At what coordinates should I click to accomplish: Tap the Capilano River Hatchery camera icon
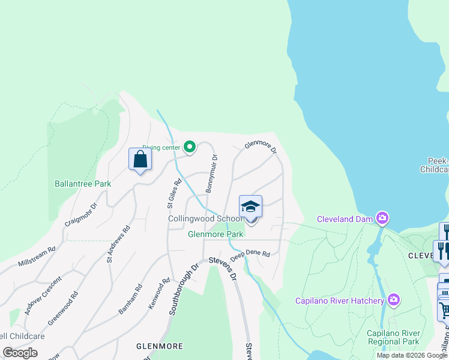393,299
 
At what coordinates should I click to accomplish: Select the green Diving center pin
190,147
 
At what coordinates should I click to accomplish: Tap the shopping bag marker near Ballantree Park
140,160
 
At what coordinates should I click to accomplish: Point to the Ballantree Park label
83,184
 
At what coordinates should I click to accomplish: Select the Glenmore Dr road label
260,146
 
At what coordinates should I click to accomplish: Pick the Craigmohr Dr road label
81,214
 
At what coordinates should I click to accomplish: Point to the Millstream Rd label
37,256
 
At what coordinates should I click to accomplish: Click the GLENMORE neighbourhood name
157,346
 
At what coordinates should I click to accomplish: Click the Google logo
20,353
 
